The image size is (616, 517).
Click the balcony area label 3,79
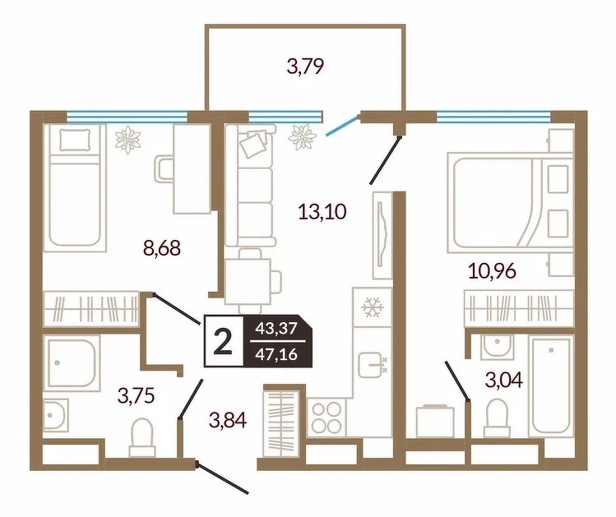click(306, 66)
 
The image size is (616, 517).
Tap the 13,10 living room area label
click(322, 211)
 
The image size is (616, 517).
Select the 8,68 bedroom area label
click(162, 247)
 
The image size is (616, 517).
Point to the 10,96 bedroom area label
click(493, 270)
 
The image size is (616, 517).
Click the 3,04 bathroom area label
click(504, 380)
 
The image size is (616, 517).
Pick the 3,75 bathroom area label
click(136, 395)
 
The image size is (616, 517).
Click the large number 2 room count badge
click(223, 341)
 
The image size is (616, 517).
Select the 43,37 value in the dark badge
click(276, 328)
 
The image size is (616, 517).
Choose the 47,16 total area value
click(276, 355)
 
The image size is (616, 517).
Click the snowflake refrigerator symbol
click(372, 307)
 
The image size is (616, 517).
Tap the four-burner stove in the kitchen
click(326, 417)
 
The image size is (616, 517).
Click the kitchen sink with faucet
click(373, 364)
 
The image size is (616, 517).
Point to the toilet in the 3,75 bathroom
click(141, 436)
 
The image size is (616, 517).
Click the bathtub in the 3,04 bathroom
click(550, 385)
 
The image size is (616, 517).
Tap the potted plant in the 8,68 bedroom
click(127, 139)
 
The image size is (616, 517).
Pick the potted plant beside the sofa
click(302, 136)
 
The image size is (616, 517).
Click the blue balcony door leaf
click(343, 125)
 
